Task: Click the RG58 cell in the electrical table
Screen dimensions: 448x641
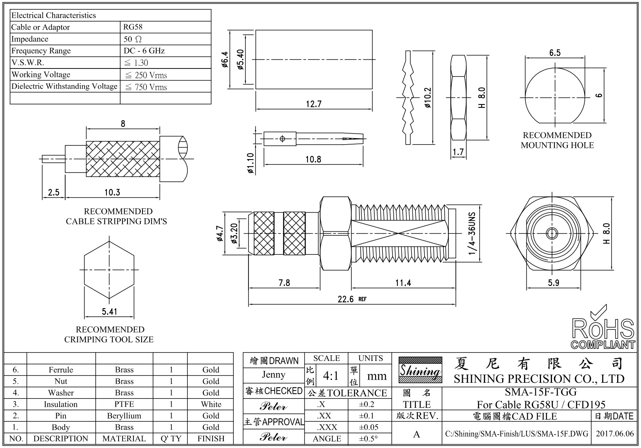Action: (133, 27)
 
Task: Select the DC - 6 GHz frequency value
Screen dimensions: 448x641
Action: (144, 51)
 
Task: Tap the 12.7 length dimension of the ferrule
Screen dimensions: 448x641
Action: (313, 104)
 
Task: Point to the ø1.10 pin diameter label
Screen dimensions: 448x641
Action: (250, 163)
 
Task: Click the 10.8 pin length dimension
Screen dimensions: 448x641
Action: (313, 159)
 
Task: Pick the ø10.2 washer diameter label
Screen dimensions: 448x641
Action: (428, 98)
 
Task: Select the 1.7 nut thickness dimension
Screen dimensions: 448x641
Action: (458, 152)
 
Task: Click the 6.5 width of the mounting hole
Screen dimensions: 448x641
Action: (555, 53)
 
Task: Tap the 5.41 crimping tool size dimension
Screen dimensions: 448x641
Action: (109, 311)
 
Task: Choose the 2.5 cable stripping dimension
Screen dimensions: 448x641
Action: (54, 192)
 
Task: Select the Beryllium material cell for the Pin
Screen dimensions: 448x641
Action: (124, 416)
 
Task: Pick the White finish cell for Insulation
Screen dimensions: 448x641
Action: (211, 404)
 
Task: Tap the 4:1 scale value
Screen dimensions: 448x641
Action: (331, 376)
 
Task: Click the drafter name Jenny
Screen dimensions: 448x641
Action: (274, 375)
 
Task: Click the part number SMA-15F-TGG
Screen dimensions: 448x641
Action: (541, 392)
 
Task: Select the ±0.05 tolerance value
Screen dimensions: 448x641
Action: (369, 427)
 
